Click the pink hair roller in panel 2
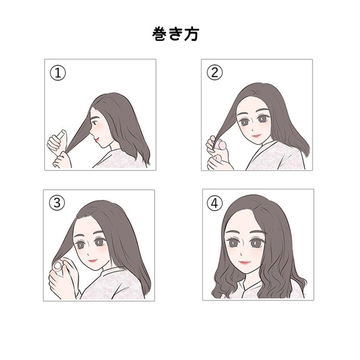[221, 144]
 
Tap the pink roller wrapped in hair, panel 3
[59, 265]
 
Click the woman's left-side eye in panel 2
[243, 118]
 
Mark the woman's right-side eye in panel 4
[257, 241]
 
